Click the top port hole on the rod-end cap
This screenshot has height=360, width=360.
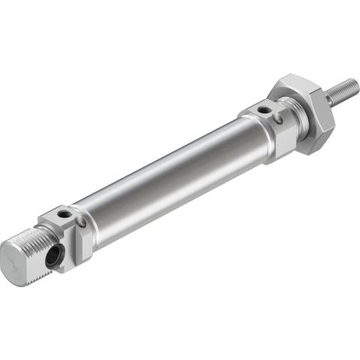pos(263,110)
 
